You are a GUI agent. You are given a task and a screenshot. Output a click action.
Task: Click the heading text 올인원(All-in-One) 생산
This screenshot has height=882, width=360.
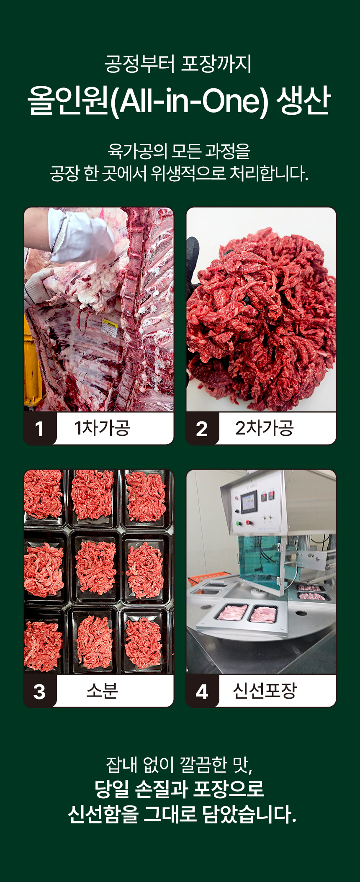(180, 100)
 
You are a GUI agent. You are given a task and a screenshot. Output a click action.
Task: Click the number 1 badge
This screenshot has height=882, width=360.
(40, 428)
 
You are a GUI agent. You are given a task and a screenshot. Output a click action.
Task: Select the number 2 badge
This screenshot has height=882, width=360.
(202, 428)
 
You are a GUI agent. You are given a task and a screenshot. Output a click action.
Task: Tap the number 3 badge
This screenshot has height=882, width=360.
(40, 691)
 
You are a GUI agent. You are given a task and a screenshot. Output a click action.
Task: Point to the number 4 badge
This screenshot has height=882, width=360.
(202, 691)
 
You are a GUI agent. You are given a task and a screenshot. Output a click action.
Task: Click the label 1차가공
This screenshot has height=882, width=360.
(102, 428)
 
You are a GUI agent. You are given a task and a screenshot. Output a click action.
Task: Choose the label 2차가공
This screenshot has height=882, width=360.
(265, 428)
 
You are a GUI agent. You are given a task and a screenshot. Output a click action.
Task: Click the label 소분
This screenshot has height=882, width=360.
(102, 691)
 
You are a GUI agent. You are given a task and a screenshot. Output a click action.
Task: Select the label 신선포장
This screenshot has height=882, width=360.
(265, 691)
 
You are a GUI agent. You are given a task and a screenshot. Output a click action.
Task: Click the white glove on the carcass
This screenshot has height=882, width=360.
(80, 237)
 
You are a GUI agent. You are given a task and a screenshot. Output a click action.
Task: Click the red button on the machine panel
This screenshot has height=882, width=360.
(248, 522)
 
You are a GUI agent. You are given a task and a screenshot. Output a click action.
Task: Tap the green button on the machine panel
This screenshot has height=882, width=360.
(239, 523)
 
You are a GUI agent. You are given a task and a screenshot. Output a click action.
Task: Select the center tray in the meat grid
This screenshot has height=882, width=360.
(95, 567)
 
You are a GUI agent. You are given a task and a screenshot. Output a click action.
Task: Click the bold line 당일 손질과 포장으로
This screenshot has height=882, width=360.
(180, 789)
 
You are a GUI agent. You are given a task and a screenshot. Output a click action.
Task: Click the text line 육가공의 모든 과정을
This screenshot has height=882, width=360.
(179, 151)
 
